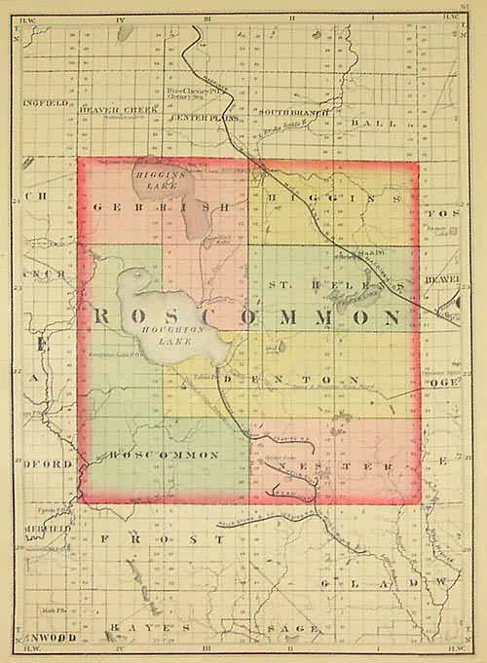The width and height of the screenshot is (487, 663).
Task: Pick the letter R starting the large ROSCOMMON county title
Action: pyautogui.click(x=104, y=317)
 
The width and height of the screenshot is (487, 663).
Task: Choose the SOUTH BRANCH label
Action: pyautogui.click(x=289, y=112)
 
